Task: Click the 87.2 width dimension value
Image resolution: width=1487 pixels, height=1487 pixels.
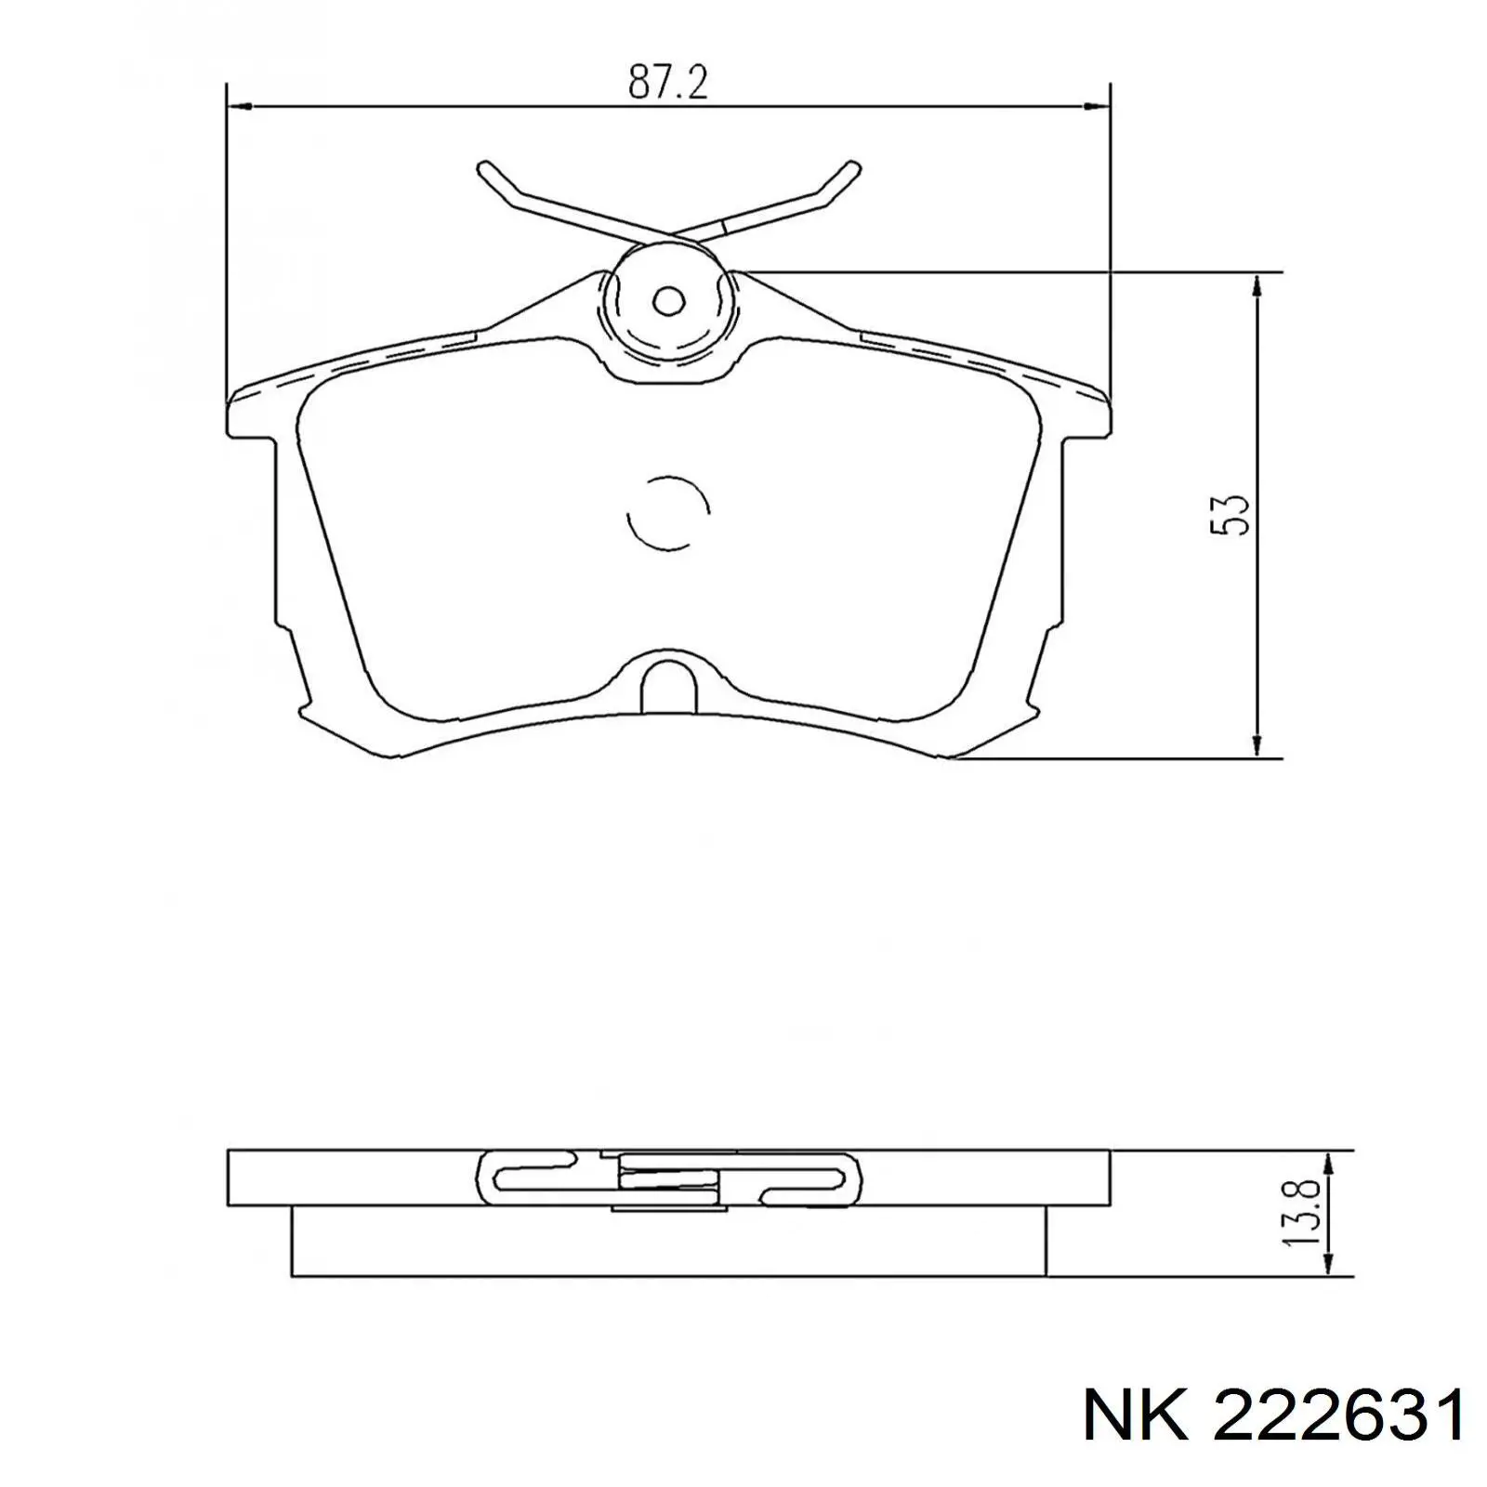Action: [668, 84]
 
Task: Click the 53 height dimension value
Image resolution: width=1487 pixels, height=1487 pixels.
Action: [1228, 514]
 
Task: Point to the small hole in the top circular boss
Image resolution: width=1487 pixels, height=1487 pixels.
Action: [668, 301]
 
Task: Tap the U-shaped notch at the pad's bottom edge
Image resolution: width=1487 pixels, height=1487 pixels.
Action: [669, 681]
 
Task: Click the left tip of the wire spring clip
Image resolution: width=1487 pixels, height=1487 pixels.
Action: [481, 167]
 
